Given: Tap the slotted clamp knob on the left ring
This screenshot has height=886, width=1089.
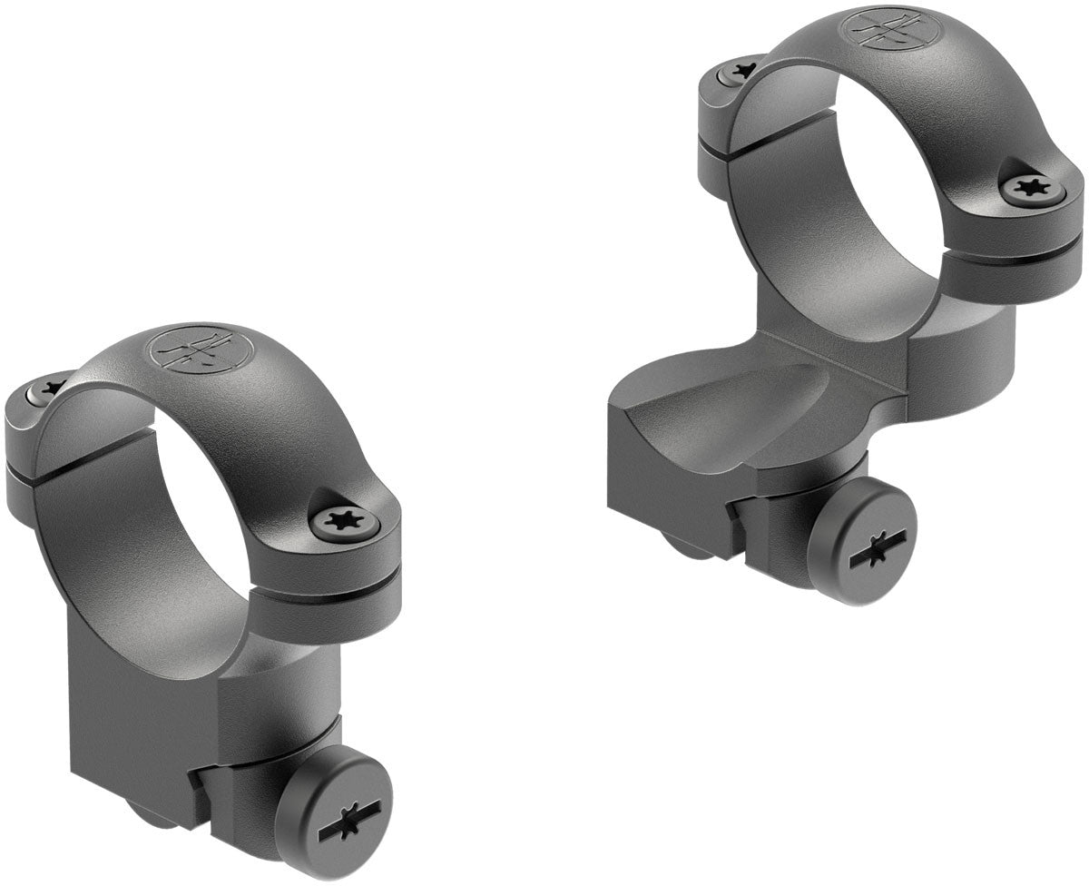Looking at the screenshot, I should coord(333,811).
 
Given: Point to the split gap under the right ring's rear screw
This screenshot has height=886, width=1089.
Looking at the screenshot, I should coord(712,145).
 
